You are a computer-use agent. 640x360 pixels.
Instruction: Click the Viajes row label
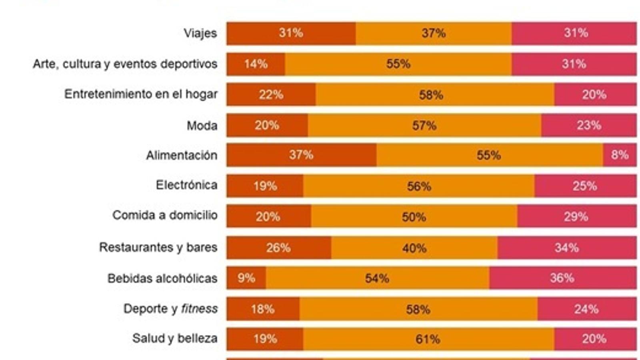pyautogui.click(x=200, y=33)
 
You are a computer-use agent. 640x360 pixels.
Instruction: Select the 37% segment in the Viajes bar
pyautogui.click(x=434, y=33)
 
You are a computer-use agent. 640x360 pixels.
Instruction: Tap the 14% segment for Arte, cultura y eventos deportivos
pyautogui.click(x=256, y=64)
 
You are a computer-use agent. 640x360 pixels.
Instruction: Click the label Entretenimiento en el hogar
pyautogui.click(x=141, y=94)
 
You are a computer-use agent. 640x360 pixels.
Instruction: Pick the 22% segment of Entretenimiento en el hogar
pyautogui.click(x=271, y=95)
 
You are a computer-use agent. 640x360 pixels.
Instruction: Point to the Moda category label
pyautogui.click(x=202, y=126)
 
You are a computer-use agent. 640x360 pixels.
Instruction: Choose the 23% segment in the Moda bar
pyautogui.click(x=589, y=126)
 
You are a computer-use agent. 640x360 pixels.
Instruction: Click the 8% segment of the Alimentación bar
pyautogui.click(x=620, y=155)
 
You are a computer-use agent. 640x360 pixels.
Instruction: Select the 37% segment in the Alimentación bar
pyautogui.click(x=301, y=155)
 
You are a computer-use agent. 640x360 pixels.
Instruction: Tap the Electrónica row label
pyautogui.click(x=186, y=185)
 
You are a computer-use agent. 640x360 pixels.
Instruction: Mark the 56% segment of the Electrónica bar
pyautogui.click(x=419, y=186)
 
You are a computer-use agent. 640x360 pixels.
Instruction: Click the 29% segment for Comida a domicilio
pyautogui.click(x=576, y=216)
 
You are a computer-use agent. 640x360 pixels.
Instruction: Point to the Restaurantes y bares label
pyautogui.click(x=158, y=247)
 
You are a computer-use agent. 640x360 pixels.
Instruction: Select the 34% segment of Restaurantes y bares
pyautogui.click(x=567, y=248)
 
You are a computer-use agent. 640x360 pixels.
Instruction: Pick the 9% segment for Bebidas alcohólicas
pyautogui.click(x=246, y=278)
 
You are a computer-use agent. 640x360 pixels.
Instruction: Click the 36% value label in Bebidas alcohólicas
pyautogui.click(x=562, y=278)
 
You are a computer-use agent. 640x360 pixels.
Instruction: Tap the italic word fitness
pyautogui.click(x=199, y=309)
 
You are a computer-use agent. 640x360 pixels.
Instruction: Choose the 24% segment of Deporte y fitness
pyautogui.click(x=587, y=309)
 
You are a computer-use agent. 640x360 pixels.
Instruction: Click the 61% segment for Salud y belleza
pyautogui.click(x=428, y=339)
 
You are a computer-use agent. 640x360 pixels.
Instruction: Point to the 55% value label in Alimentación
pyautogui.click(x=489, y=155)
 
